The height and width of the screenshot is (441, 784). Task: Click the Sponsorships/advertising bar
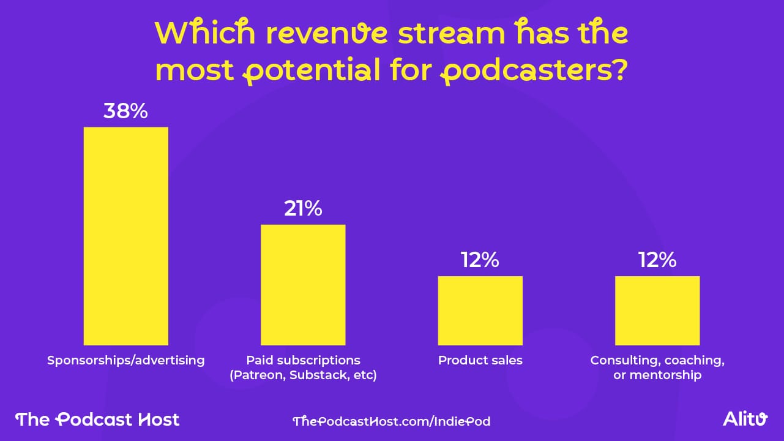point(125,236)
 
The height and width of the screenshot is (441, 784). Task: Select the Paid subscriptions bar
point(303,285)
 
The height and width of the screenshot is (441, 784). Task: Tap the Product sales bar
point(480,311)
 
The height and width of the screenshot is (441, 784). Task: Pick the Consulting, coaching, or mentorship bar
point(657,311)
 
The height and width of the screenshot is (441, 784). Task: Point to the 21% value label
point(303,209)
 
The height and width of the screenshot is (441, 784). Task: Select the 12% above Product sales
point(480,260)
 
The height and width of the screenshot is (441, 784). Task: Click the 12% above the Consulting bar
point(657,260)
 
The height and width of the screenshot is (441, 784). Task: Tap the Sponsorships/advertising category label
point(125,360)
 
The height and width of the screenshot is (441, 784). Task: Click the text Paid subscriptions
point(303,360)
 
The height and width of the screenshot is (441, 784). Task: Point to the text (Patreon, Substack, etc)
point(303,375)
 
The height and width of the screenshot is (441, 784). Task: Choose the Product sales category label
point(480,360)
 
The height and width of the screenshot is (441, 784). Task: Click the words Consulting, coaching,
point(657,360)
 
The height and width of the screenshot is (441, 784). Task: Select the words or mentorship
point(657,375)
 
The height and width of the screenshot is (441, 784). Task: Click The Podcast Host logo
point(97,420)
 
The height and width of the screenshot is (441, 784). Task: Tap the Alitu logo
point(744,420)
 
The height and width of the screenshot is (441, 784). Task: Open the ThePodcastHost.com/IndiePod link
point(391,421)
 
